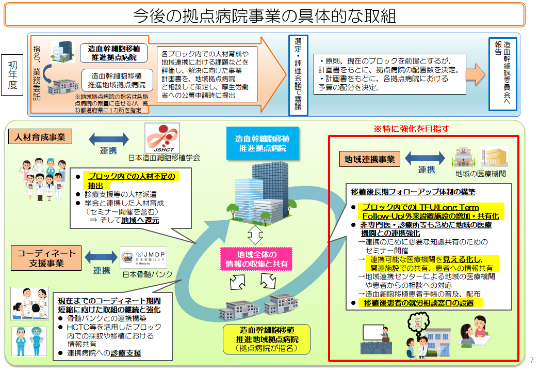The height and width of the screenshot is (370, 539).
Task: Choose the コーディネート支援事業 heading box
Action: pos(46,258)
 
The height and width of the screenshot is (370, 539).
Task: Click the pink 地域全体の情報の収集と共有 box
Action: pos(256,259)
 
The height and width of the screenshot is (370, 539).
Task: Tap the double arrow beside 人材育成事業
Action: pos(109,138)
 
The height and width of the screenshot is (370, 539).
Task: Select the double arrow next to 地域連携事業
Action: pos(425,158)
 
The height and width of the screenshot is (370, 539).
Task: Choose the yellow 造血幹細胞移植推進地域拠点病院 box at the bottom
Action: pos(267,338)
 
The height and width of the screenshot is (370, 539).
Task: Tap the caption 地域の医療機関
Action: pos(481,174)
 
